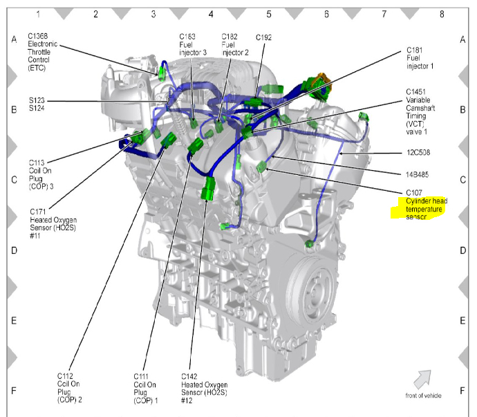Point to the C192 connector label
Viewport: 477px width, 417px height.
pos(264,37)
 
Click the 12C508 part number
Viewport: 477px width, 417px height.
pos(418,153)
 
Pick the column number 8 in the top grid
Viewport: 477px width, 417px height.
pos(440,13)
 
